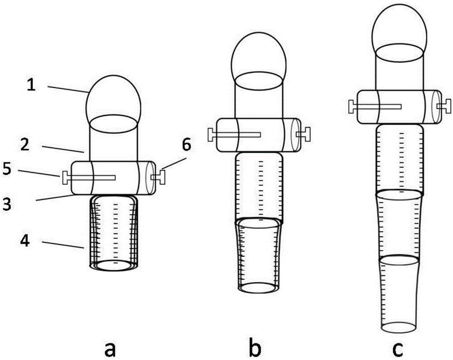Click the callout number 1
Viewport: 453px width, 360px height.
point(31,85)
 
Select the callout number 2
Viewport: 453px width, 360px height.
point(25,145)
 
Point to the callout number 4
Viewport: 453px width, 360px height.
point(25,241)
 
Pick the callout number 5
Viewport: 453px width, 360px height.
point(8,169)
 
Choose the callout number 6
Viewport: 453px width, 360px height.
point(186,145)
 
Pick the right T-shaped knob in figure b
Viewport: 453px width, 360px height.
point(304,135)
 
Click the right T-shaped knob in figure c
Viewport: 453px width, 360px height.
point(444,107)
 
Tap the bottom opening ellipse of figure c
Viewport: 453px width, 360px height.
point(399,327)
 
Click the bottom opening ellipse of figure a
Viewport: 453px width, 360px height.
point(114,265)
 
